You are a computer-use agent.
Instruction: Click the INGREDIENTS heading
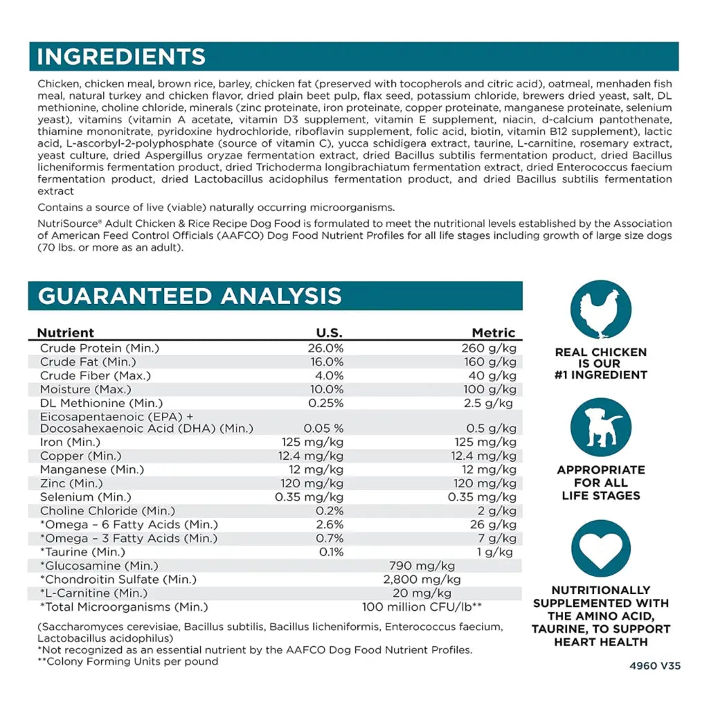tap(121, 56)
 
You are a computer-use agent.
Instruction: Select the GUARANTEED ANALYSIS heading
tap(190, 296)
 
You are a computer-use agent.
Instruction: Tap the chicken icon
tap(600, 309)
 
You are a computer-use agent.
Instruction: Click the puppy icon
tap(600, 427)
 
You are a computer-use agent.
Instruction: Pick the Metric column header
tap(494, 332)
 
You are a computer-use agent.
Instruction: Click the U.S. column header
tap(329, 332)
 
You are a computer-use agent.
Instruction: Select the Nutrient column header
tap(66, 332)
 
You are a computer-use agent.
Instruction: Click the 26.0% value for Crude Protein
tap(325, 348)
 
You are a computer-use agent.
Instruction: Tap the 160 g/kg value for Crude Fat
tap(490, 362)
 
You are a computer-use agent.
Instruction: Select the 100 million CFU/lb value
tap(422, 607)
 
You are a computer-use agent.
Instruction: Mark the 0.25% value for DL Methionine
tap(325, 403)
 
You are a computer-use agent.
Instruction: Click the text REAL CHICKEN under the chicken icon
tap(600, 352)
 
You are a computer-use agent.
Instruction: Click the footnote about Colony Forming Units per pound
tap(128, 661)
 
